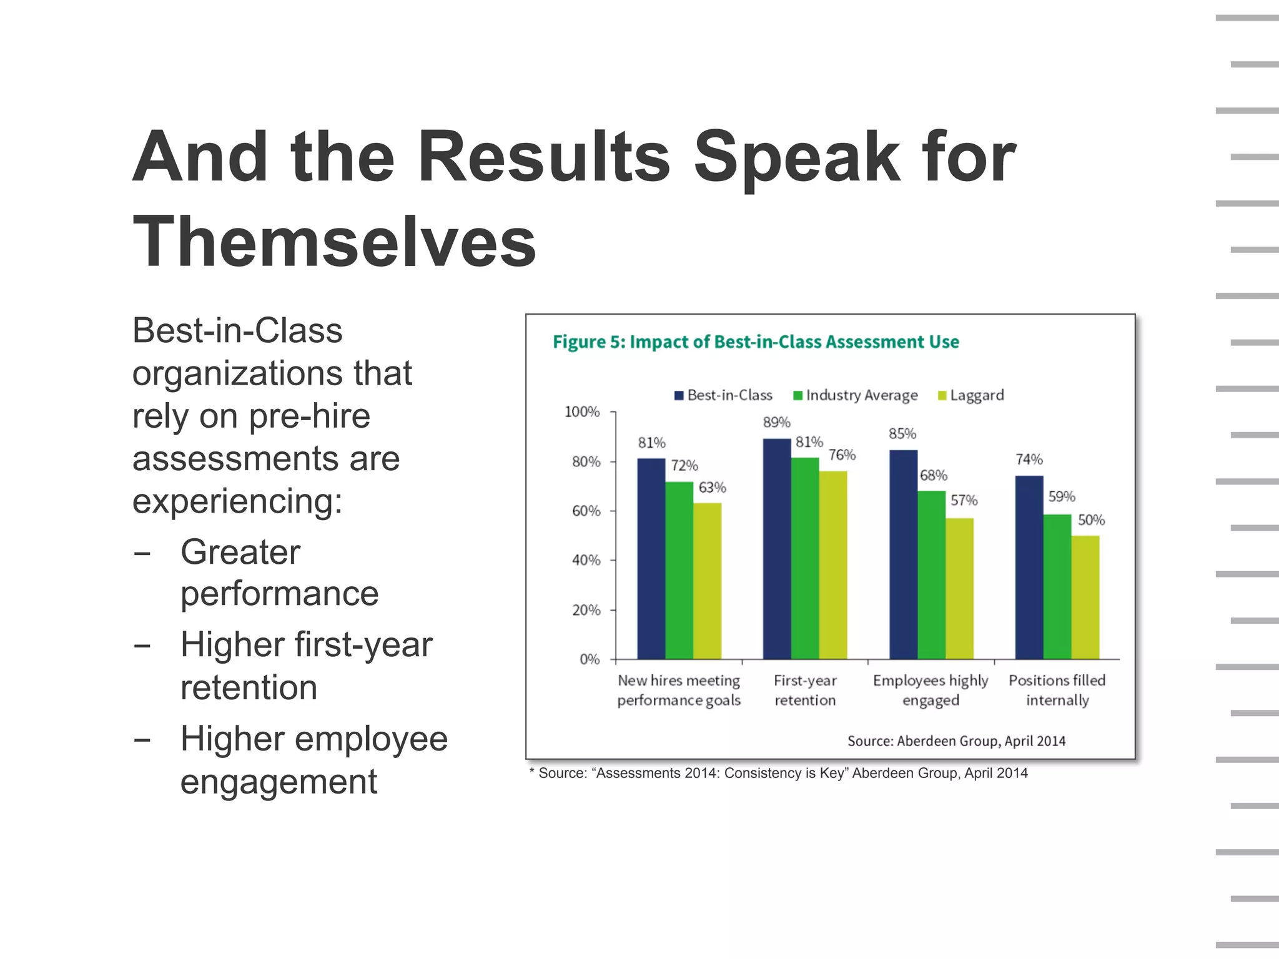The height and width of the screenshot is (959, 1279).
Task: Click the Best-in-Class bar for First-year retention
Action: tap(777, 549)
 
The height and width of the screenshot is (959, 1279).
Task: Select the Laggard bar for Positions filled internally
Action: tap(1085, 597)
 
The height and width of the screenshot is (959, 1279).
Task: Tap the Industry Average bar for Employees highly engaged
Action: tap(931, 574)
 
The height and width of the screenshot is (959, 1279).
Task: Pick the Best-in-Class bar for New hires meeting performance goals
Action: tap(651, 558)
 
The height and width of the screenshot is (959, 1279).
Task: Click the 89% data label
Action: tap(776, 423)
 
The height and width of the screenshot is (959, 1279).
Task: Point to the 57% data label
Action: tap(964, 501)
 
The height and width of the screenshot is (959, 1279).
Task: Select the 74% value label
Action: tap(1029, 460)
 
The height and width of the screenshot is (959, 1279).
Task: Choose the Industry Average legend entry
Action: tap(856, 395)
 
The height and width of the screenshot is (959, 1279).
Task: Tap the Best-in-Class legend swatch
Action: tap(679, 396)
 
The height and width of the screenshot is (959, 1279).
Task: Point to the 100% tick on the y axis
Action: tap(582, 412)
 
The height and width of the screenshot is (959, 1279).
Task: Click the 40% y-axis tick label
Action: tap(586, 560)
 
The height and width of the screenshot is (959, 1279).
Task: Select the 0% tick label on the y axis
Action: tap(590, 659)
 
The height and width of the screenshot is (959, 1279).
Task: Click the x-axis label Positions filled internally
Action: tap(1057, 690)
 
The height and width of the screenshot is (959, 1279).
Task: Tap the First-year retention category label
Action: tap(805, 690)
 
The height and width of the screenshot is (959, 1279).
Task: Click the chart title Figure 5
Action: tap(756, 342)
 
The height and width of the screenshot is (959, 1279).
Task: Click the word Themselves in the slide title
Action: tap(334, 242)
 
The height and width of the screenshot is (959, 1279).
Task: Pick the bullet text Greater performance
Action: tap(279, 573)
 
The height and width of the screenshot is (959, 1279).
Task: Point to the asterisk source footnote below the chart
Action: tap(778, 773)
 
